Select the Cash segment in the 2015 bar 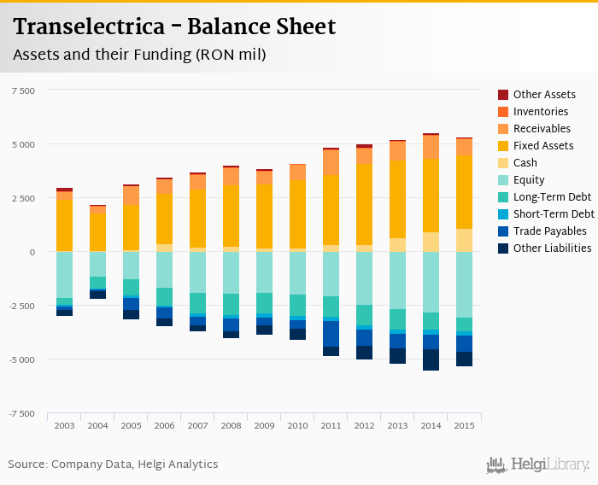(464, 240)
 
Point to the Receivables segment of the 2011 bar (331, 162)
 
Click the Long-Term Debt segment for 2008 (232, 304)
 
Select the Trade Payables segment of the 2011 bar (331, 334)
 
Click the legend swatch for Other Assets (503, 95)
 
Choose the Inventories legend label (541, 112)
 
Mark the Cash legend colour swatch (503, 163)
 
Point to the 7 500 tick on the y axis (22, 91)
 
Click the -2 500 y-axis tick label (21, 306)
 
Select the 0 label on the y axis (32, 252)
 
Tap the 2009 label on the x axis (265, 425)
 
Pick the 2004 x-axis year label (98, 425)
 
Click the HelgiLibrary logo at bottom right (538, 465)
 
